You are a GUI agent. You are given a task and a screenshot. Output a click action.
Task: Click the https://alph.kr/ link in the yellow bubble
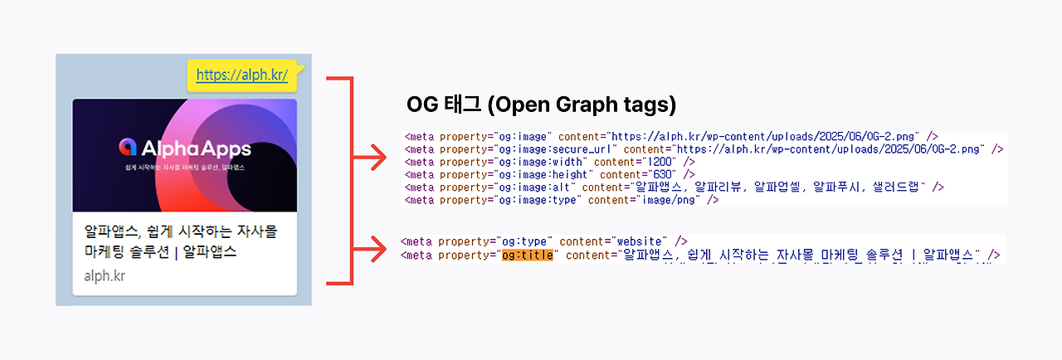coord(242,75)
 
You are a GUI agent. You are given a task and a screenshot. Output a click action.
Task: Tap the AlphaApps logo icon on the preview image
coord(128,147)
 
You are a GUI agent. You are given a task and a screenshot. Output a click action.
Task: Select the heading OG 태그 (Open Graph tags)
coord(541,105)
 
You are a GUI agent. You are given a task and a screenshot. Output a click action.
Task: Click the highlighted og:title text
coord(528,255)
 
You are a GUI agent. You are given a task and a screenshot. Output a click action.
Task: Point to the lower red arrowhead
coord(377,246)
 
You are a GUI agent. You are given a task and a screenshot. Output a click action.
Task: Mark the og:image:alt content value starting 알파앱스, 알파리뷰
coord(777,187)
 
